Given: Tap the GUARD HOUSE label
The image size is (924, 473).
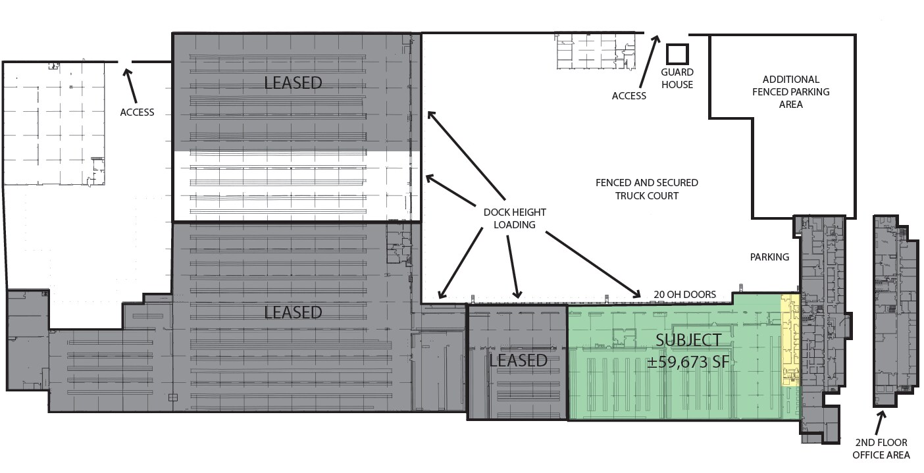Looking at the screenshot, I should (x=677, y=78).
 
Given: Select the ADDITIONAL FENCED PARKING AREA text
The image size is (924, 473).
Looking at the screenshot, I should (x=790, y=91).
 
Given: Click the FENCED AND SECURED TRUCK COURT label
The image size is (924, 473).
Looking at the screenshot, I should (x=646, y=189).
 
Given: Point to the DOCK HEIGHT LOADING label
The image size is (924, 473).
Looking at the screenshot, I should (x=515, y=218).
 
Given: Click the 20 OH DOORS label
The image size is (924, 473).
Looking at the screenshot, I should (x=684, y=294).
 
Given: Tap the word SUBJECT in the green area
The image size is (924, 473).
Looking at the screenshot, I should (x=688, y=340).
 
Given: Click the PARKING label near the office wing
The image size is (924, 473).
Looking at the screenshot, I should (x=769, y=257).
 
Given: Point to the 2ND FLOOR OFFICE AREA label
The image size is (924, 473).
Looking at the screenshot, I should (x=881, y=448).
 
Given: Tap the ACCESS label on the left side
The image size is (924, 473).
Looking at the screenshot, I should (x=137, y=112).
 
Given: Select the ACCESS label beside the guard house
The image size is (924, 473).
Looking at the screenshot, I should (x=629, y=96).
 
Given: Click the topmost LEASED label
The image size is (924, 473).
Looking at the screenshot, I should (x=293, y=83).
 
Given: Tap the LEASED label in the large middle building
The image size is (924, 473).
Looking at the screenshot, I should (x=293, y=312).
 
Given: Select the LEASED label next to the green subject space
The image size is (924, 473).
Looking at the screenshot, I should (x=518, y=361).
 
